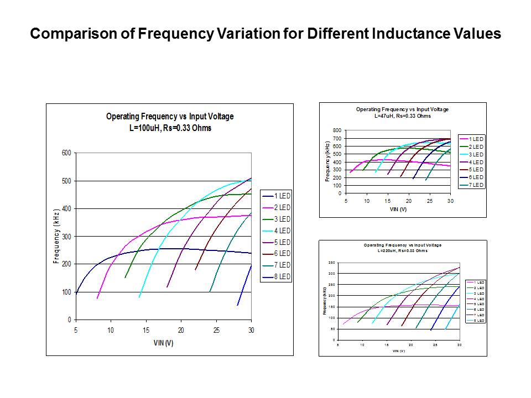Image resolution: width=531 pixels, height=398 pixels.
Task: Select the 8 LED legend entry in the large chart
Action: click(x=282, y=276)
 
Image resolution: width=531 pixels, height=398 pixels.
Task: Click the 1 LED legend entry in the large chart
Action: click(x=282, y=196)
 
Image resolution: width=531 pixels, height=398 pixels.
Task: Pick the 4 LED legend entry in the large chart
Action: click(x=282, y=231)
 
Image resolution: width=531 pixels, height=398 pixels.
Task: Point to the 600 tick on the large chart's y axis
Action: click(x=65, y=153)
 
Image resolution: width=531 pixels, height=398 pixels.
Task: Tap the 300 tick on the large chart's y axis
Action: click(x=65, y=237)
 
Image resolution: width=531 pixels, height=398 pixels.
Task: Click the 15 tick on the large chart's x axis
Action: click(x=146, y=330)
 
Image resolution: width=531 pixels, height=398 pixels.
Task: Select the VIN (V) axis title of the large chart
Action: click(x=163, y=343)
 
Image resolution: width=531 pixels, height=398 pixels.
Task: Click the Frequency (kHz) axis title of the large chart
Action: click(x=56, y=236)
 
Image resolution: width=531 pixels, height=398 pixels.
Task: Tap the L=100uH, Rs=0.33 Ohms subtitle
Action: click(x=170, y=128)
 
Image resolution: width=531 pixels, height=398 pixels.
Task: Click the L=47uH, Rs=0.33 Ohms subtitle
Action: click(x=402, y=116)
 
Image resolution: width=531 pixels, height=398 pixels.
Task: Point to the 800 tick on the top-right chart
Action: click(x=336, y=130)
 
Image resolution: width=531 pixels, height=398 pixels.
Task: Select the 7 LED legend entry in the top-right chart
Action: click(x=476, y=185)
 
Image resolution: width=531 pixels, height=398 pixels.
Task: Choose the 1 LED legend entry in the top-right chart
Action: click(x=476, y=139)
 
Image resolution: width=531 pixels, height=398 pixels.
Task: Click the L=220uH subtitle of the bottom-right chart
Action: click(x=402, y=251)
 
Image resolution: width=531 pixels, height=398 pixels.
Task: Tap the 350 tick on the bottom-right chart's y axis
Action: click(x=331, y=262)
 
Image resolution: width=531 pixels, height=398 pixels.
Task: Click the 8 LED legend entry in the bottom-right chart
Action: click(x=479, y=321)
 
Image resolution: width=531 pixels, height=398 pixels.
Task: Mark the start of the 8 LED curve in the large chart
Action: click(x=238, y=305)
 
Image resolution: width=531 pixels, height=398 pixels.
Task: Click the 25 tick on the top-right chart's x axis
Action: click(x=429, y=201)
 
